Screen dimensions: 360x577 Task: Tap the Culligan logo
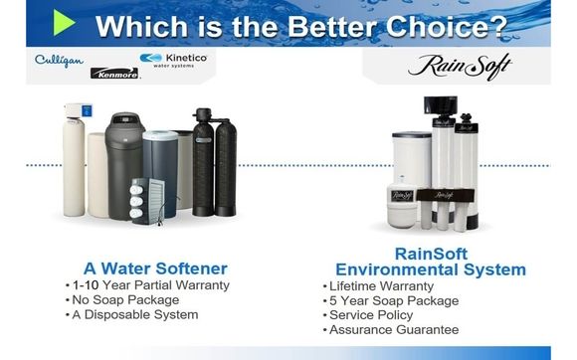click(x=57, y=61)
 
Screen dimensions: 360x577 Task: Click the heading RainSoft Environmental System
click(x=431, y=263)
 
